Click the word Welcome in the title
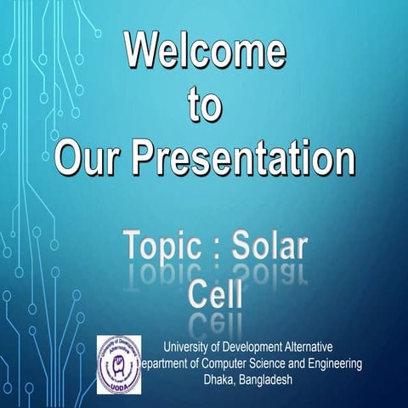click(205, 54)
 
